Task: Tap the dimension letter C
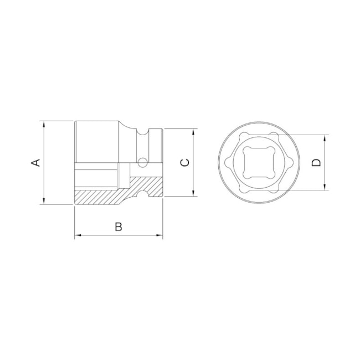[186, 162]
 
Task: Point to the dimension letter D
[316, 162]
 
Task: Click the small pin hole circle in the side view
[142, 163]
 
